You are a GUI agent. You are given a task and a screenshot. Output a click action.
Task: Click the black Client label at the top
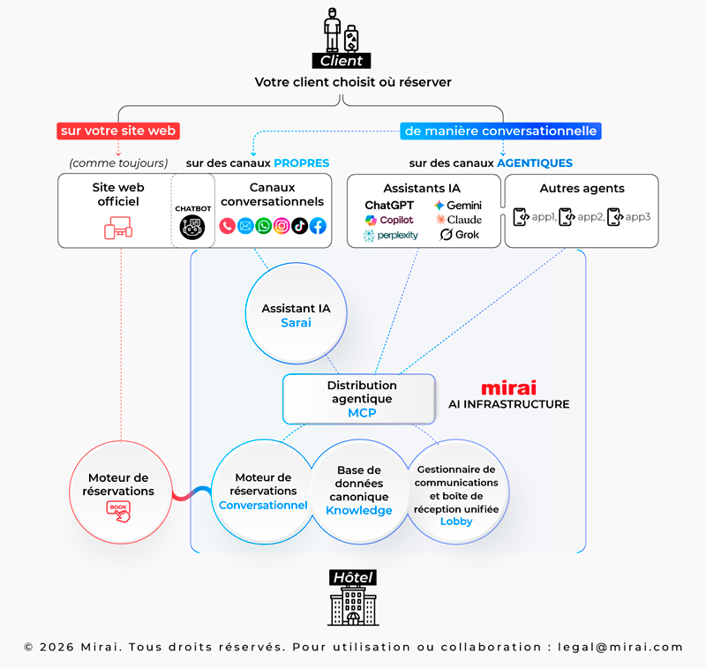(x=342, y=61)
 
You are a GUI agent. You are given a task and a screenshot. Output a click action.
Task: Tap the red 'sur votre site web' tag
(x=118, y=131)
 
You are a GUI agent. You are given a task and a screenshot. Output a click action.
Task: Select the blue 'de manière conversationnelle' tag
(x=500, y=131)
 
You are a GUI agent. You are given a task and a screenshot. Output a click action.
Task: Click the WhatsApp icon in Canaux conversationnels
(x=263, y=226)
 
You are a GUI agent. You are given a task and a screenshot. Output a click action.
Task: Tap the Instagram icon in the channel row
(x=282, y=226)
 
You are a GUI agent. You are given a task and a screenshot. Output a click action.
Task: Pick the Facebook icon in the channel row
(x=318, y=226)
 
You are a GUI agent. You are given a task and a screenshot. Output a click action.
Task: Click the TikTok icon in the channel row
(x=300, y=226)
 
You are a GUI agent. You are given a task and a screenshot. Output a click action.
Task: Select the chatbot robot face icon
(x=192, y=227)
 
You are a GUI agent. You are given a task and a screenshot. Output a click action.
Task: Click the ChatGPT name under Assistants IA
(x=389, y=205)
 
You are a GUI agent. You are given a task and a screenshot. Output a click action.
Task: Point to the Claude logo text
(x=458, y=220)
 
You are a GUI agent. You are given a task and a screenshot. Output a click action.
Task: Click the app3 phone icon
(x=615, y=216)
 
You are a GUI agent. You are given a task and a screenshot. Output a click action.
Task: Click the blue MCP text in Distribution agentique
(x=362, y=412)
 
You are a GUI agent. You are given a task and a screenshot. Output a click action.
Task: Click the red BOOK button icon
(x=117, y=509)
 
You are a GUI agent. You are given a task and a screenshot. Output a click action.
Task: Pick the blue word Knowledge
(x=358, y=510)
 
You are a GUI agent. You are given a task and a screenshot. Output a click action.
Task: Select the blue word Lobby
(x=456, y=521)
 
